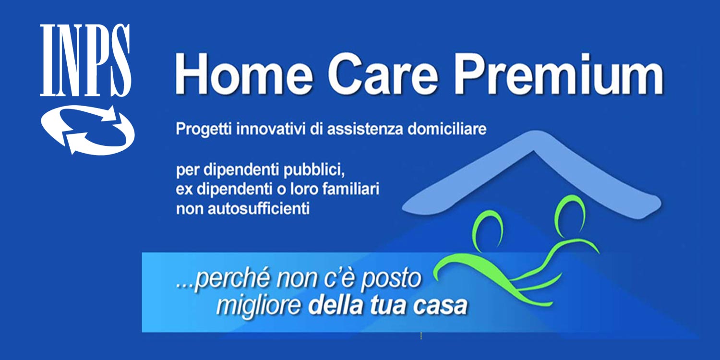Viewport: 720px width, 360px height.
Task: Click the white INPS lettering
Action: [85, 60]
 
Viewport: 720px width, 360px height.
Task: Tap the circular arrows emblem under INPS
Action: [88, 130]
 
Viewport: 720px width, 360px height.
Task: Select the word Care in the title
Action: [383, 74]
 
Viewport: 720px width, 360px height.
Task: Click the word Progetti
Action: [204, 130]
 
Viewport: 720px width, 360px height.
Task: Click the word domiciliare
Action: [447, 129]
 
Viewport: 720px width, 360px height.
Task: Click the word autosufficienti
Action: [259, 209]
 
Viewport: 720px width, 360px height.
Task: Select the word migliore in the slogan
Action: [258, 306]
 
